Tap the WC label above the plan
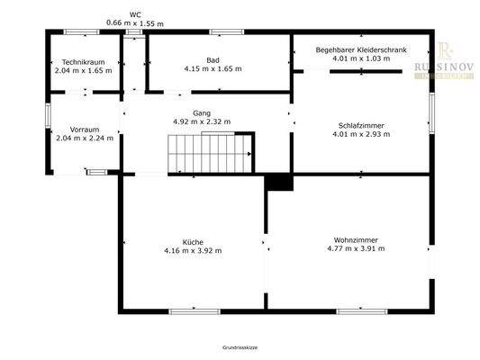(x=135, y=14)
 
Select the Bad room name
(x=213, y=60)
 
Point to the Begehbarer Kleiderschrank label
(x=360, y=49)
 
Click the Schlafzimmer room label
(x=360, y=126)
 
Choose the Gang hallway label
(x=201, y=113)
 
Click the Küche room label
(x=192, y=241)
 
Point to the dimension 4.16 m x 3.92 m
(x=192, y=250)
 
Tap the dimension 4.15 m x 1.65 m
(x=213, y=69)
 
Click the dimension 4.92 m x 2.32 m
(x=201, y=122)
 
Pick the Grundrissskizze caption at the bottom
(x=240, y=346)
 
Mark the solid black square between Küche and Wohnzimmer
(x=280, y=182)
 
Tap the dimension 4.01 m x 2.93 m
(x=360, y=135)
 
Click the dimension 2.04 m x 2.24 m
(x=73, y=139)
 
